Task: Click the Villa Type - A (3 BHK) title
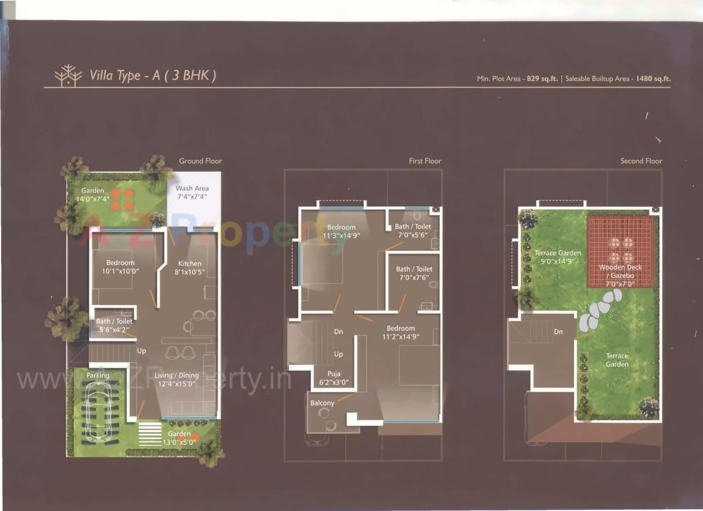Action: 153,75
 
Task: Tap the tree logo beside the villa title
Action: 68,76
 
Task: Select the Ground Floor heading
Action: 200,161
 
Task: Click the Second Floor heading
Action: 641,161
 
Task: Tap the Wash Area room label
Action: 192,192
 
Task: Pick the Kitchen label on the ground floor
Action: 189,267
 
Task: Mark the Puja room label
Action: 333,378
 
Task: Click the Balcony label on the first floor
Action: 322,403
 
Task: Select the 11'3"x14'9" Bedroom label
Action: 341,231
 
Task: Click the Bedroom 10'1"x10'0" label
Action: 120,267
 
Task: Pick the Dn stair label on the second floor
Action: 558,332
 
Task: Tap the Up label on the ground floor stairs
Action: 142,351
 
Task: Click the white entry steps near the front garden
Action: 149,434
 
